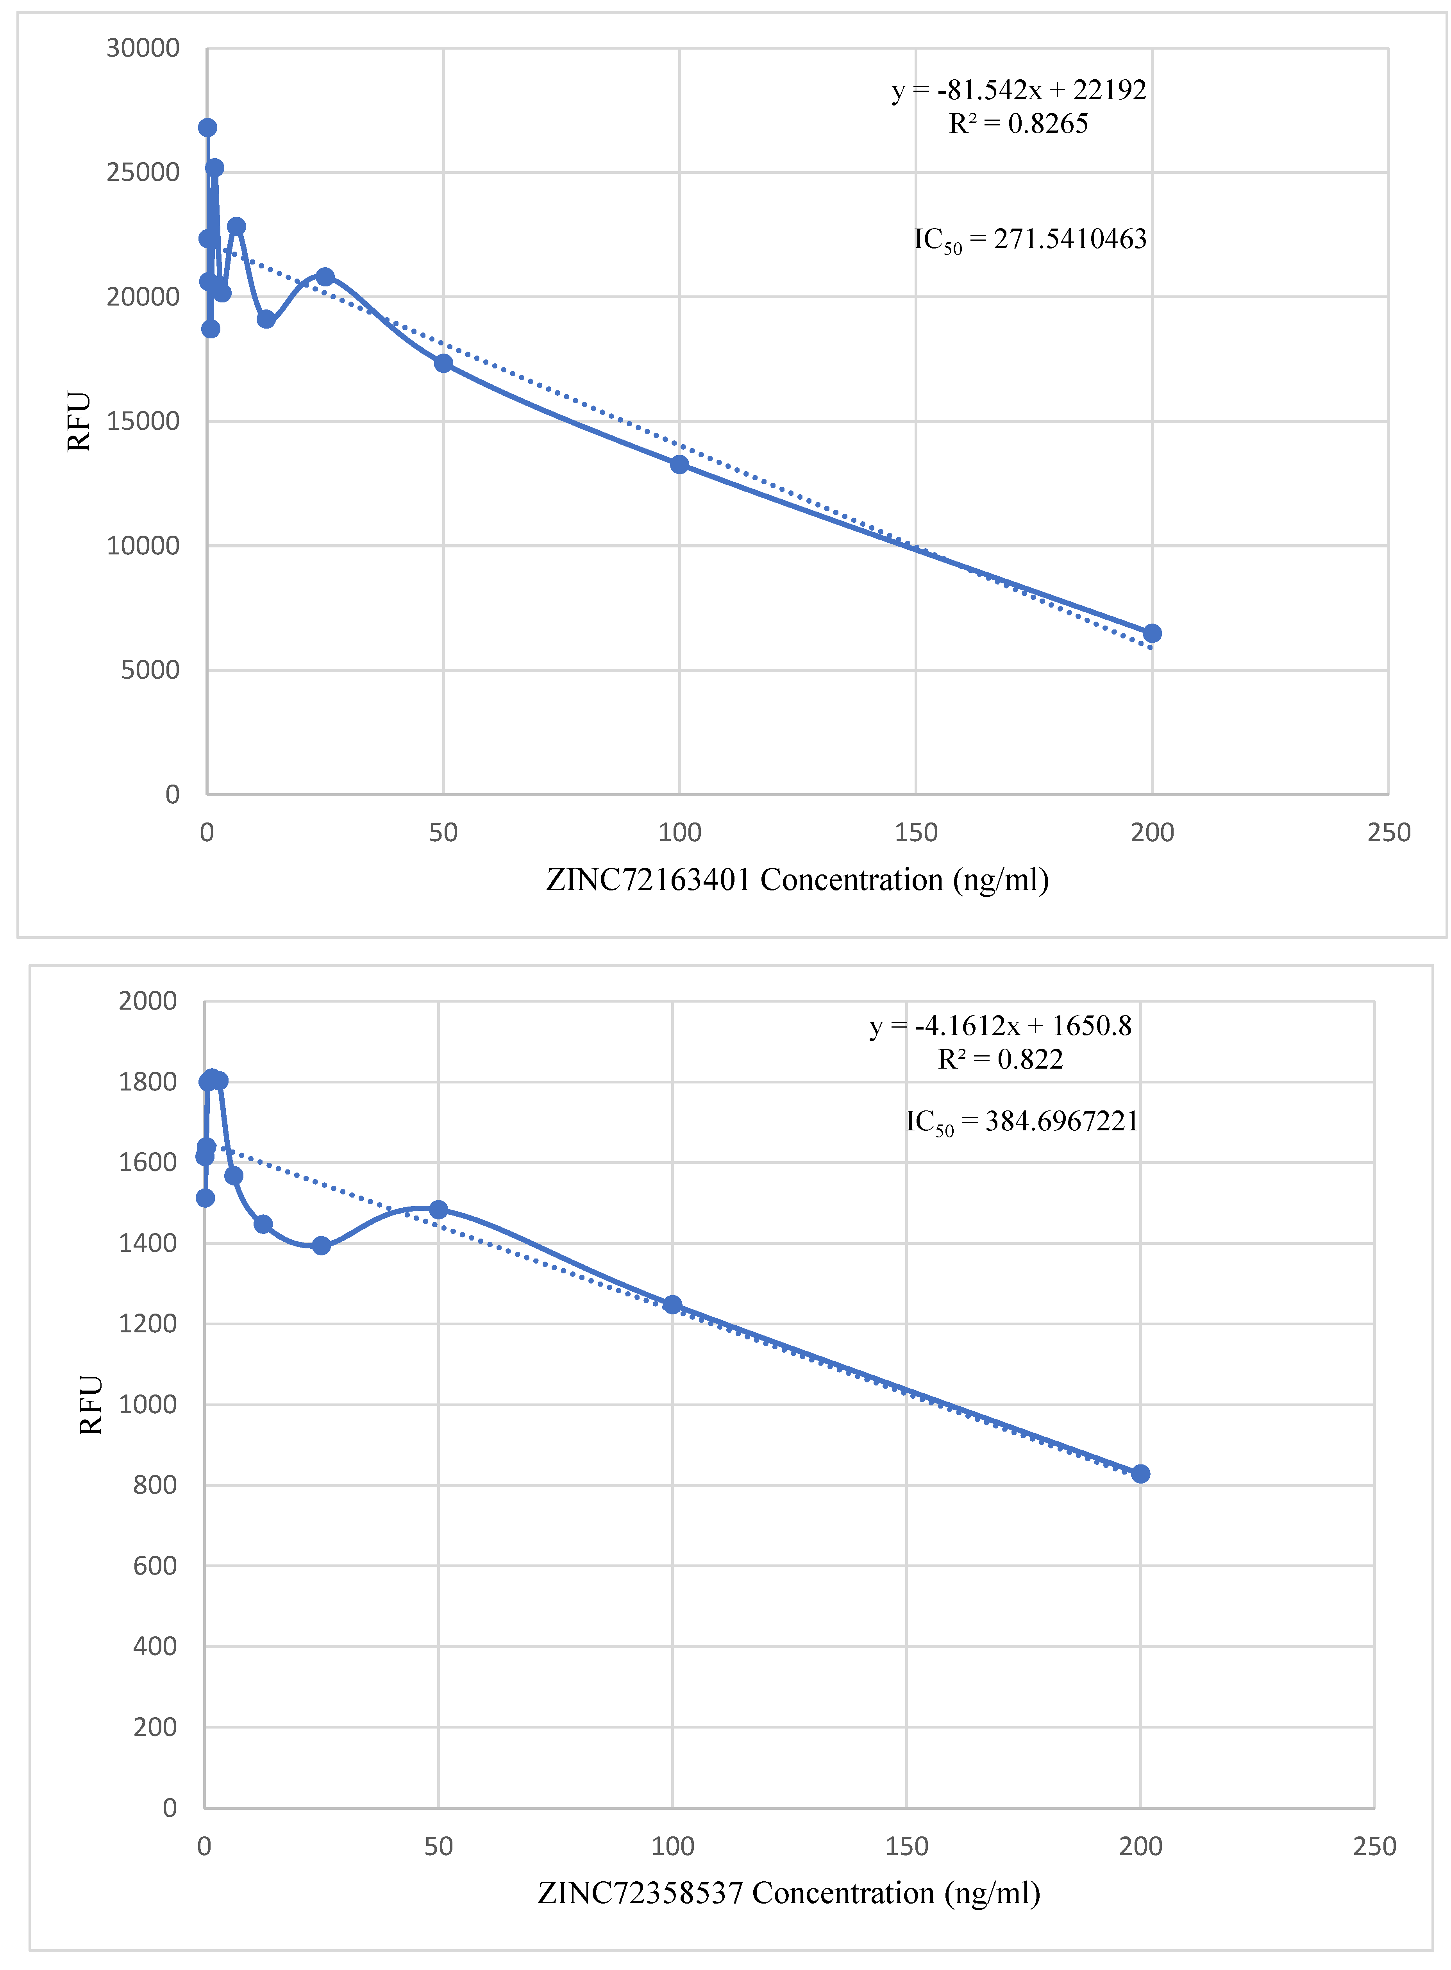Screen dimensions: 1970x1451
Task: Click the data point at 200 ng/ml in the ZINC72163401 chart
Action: click(1151, 633)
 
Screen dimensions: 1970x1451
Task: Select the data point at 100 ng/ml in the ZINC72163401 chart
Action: click(679, 464)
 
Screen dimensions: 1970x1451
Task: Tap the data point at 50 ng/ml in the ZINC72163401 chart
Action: click(443, 363)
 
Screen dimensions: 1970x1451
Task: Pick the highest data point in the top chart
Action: click(207, 127)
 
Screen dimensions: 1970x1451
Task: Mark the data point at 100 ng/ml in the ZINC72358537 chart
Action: click(672, 1304)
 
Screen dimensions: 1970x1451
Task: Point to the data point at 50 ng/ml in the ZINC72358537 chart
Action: click(438, 1209)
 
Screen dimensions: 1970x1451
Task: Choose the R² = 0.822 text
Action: click(1001, 1059)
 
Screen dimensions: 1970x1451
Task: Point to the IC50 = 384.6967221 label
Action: click(1022, 1122)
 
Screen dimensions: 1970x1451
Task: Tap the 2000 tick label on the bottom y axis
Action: click(148, 1000)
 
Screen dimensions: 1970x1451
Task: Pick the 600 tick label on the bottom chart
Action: click(155, 1565)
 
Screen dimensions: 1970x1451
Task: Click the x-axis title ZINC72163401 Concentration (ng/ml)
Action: click(797, 879)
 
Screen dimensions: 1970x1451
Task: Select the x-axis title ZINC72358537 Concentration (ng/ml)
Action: click(789, 1893)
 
